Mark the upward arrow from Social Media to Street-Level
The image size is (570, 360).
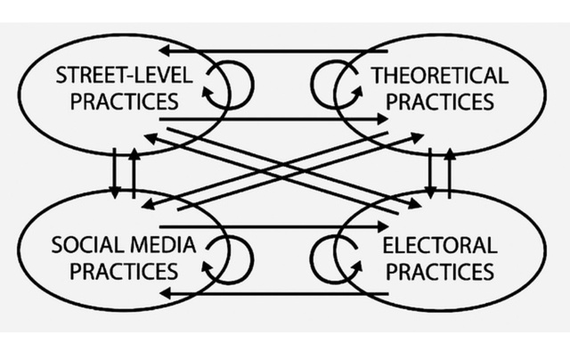(134, 173)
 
